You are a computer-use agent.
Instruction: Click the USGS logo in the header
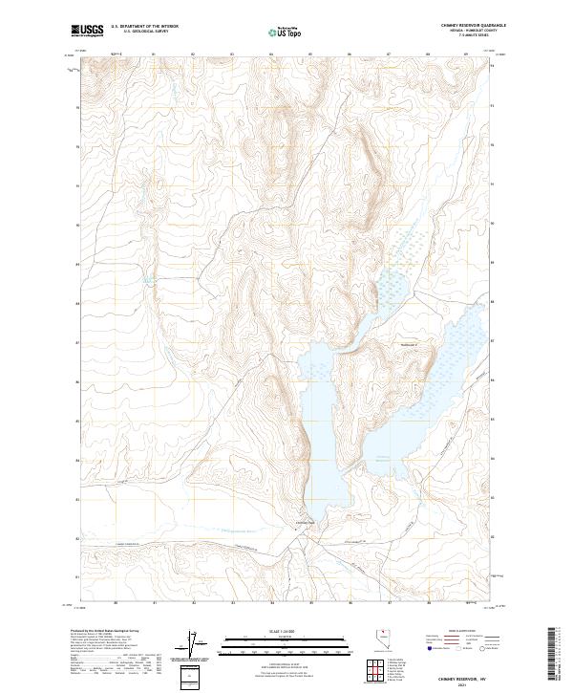[x=86, y=31]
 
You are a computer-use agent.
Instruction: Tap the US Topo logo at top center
[x=286, y=32]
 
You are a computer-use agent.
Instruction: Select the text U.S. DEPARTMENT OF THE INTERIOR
[x=144, y=27]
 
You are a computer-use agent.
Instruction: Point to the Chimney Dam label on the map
[x=304, y=522]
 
